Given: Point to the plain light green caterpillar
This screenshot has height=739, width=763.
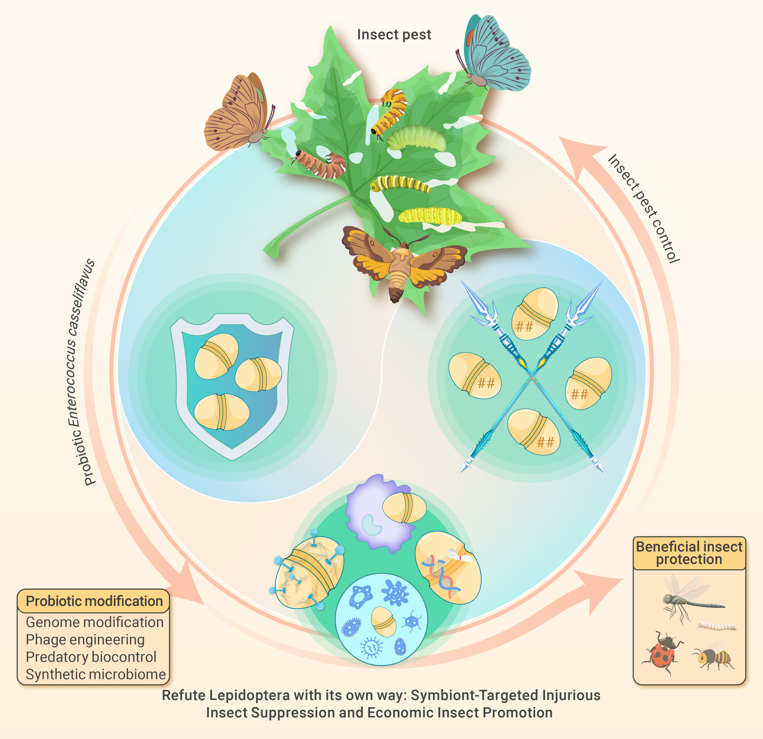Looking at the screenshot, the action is coord(417,138).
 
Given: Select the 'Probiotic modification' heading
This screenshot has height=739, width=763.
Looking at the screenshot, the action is coord(94,601).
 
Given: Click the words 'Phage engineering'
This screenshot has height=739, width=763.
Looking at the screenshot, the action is coord(85,639).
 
